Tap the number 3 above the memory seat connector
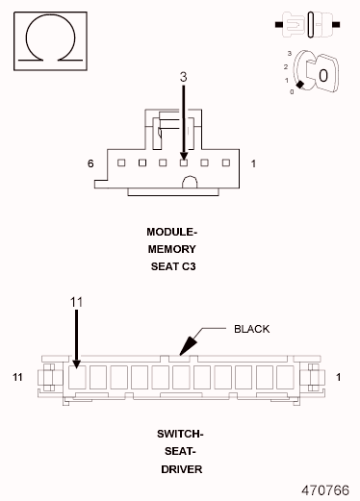pos(184,75)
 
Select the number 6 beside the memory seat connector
pos(90,164)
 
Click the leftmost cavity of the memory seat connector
pos(120,163)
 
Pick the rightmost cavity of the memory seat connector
pos(226,163)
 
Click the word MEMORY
pos(171,248)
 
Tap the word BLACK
pos(252,329)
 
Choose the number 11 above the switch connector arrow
pos(77,301)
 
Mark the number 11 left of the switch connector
pos(17,375)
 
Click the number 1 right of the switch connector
pos(339,376)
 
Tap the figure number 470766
pos(324,488)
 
